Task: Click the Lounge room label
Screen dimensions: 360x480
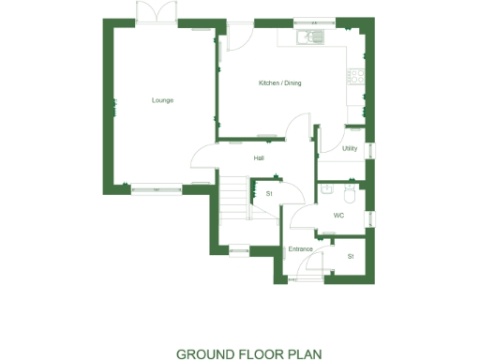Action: coord(162,100)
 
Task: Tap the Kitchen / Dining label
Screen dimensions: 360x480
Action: coord(279,83)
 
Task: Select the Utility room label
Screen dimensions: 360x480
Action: coord(349,148)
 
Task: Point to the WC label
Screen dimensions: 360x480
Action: coord(338,216)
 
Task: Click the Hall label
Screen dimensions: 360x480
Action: coord(258,157)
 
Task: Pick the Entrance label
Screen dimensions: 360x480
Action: coord(300,248)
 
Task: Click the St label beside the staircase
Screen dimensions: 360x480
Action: coord(269,193)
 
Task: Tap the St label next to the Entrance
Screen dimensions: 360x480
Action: coord(351,256)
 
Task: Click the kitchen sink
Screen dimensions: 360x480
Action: coord(308,38)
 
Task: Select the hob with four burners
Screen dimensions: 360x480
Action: coord(355,75)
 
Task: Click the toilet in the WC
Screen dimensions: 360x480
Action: coord(349,193)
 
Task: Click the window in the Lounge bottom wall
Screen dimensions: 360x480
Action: coord(157,189)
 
